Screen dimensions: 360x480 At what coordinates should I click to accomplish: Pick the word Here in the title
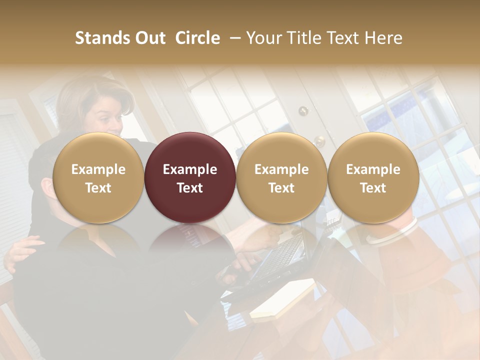pos(383,38)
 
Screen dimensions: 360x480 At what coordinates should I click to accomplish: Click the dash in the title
pos(233,38)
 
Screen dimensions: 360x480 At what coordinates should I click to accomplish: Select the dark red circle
pos(189,177)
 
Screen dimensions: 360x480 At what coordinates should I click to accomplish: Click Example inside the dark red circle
pos(189,169)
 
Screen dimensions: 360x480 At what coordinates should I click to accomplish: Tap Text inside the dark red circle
pos(189,188)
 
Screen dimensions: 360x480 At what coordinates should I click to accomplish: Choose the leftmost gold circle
pos(98,177)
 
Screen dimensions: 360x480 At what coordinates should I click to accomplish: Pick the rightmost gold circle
pos(373,177)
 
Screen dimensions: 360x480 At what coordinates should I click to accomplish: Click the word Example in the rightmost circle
pos(373,169)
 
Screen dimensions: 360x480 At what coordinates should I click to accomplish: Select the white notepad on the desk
pos(282,299)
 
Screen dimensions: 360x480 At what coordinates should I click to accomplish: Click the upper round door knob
pos(303,111)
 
